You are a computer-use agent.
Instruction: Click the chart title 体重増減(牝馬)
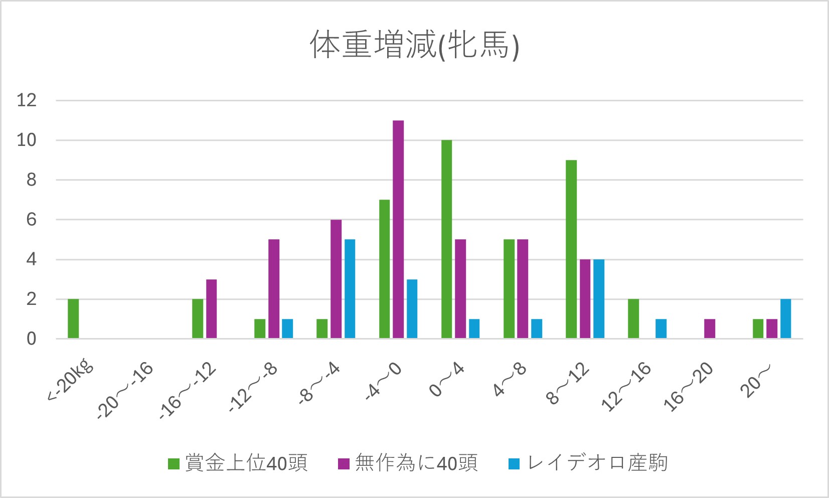coord(414,45)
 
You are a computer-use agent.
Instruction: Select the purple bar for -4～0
coord(398,230)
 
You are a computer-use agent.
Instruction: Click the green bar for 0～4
coord(446,239)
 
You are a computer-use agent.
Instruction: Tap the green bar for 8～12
coord(571,249)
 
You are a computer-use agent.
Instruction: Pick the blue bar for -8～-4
coord(350,289)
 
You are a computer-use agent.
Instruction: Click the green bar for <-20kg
coord(73,318)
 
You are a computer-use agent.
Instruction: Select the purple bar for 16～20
coord(710,328)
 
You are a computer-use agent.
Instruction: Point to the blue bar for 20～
coord(785,318)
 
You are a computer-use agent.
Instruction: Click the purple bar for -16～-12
coord(212,309)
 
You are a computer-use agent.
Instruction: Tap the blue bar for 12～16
coord(661,328)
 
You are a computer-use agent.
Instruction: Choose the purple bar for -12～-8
coord(274,289)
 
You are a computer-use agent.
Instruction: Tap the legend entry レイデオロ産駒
coord(588,463)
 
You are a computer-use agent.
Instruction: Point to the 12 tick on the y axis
coord(27,100)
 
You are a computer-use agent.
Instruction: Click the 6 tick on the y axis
coord(32,220)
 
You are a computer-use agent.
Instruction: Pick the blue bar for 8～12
coord(599,299)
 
